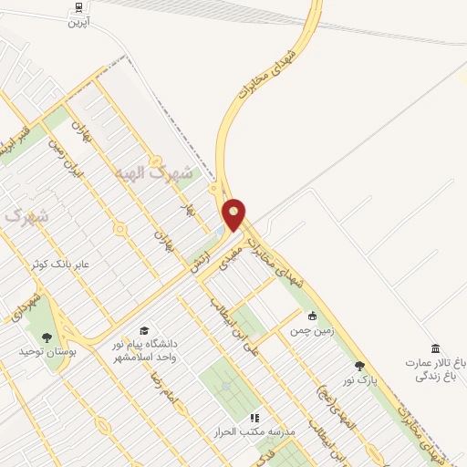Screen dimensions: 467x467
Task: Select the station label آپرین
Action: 79,21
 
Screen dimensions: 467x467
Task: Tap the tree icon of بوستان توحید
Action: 47,337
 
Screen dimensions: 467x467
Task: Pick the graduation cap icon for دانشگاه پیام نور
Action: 143,330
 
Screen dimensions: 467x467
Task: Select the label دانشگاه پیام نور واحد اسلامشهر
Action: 145,348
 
